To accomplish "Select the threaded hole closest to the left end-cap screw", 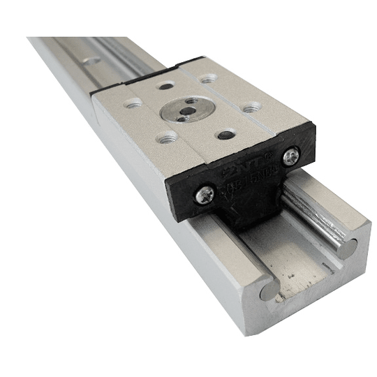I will coord(168,138).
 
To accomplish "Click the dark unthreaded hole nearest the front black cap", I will coord(226,135).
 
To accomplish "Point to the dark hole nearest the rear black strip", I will coord(165,86).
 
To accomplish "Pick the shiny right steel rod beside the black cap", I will coord(321,209).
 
